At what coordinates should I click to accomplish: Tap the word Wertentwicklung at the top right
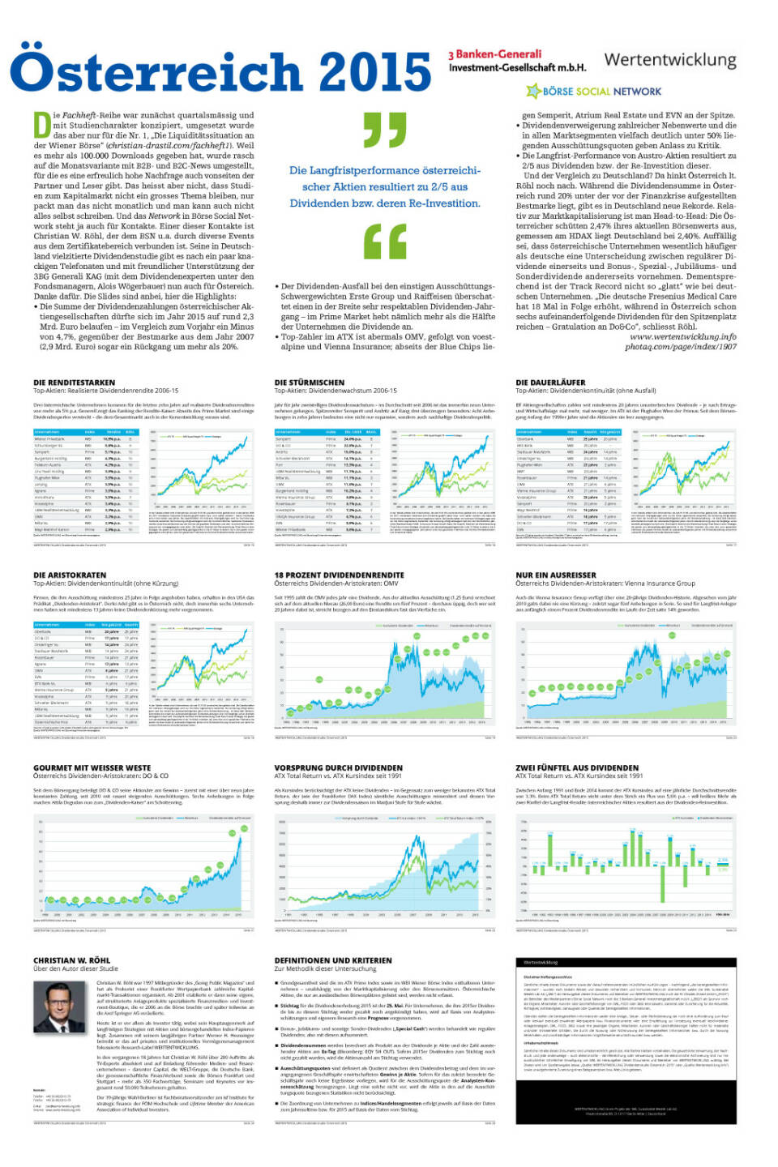click(670, 60)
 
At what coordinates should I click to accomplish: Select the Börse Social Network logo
click(594, 92)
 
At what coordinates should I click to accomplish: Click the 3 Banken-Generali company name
click(516, 61)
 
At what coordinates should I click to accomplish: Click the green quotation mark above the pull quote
click(385, 130)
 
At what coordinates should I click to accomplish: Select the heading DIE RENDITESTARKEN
click(74, 382)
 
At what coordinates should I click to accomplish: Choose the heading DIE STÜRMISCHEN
click(309, 382)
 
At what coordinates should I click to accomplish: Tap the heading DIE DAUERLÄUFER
click(550, 382)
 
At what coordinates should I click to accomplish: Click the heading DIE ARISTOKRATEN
click(70, 575)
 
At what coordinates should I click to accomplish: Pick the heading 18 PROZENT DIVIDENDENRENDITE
click(339, 575)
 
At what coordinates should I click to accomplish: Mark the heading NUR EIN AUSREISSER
click(556, 575)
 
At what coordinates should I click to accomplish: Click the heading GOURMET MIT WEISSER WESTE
click(92, 767)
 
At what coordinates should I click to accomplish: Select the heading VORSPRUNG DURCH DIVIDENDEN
click(338, 767)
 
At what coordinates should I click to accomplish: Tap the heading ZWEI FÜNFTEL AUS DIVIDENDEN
click(577, 767)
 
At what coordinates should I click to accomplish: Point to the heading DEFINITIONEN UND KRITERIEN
click(333, 960)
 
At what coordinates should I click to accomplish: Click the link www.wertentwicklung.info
click(682, 336)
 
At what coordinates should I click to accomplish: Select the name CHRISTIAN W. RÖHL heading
click(71, 960)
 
